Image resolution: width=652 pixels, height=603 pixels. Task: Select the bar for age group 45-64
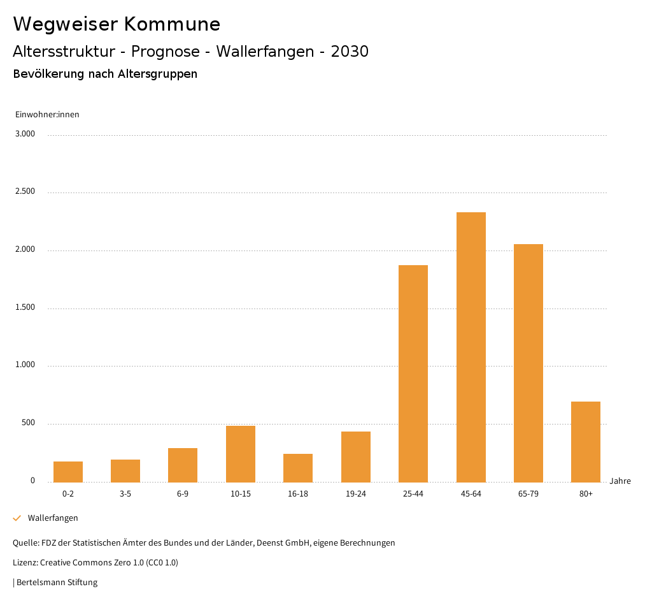[x=471, y=347]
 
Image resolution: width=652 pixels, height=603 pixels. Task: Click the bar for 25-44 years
[x=413, y=374]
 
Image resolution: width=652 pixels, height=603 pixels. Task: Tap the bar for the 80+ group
[x=586, y=442]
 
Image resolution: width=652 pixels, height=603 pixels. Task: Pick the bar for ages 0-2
[x=68, y=472]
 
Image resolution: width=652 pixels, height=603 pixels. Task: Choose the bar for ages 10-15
[x=241, y=454]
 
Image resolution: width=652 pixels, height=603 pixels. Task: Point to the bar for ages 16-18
[x=298, y=468]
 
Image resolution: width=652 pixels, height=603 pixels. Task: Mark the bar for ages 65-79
[x=528, y=363]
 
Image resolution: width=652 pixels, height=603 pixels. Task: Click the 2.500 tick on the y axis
[x=25, y=192]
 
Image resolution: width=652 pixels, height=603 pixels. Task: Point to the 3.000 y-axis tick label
[x=25, y=134]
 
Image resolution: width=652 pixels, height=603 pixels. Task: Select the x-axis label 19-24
[x=355, y=494]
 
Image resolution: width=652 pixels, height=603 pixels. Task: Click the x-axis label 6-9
[x=183, y=494]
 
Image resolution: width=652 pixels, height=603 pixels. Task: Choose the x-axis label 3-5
[x=125, y=494]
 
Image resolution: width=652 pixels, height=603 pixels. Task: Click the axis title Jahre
[x=620, y=481]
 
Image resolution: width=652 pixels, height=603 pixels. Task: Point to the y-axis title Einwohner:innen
[x=47, y=115]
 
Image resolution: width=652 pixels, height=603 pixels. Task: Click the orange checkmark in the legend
[x=17, y=518]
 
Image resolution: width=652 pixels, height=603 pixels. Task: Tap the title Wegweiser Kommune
[x=117, y=24]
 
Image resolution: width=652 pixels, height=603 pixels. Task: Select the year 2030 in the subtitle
[x=350, y=52]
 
